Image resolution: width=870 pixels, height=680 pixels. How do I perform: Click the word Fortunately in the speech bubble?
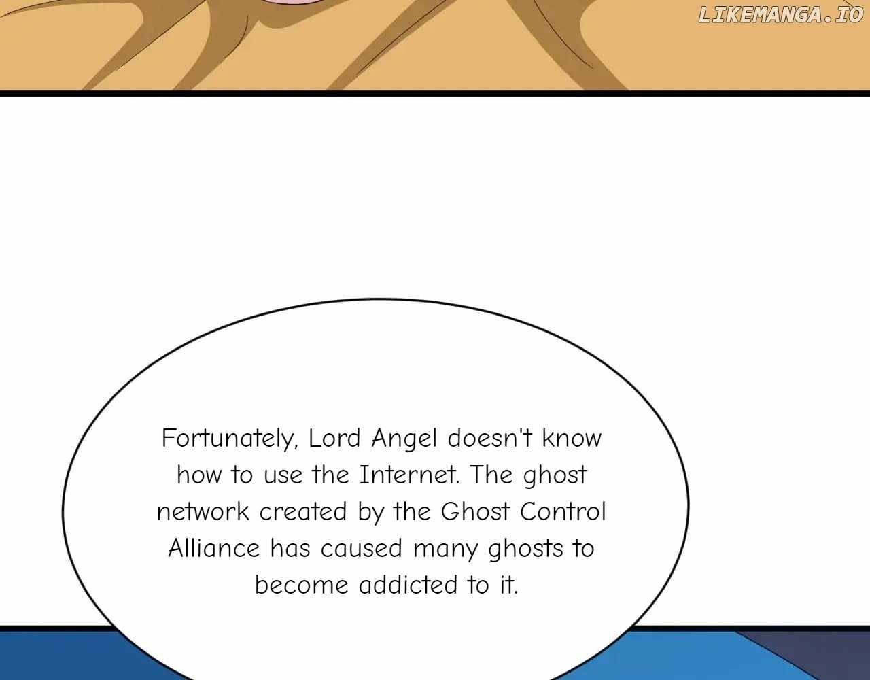pos(230,439)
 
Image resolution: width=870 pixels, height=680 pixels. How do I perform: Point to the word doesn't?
pos(489,438)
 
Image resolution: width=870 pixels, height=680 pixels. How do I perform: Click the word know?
pos(572,438)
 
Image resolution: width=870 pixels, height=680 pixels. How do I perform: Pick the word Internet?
pos(409,475)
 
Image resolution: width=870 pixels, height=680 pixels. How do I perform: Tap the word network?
pos(203,511)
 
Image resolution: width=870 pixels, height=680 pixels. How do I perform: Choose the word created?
pos(303,511)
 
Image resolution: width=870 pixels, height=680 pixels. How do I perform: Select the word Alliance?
pos(214,548)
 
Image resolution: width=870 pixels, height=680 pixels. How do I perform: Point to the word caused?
pos(361,548)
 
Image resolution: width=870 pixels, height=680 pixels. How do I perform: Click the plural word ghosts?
pos(525,549)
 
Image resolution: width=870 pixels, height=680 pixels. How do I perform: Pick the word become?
pos(302,585)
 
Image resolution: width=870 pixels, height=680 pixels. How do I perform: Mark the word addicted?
pos(408,585)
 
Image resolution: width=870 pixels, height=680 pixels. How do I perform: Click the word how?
pos(199,475)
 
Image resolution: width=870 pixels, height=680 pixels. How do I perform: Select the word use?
pos(283,477)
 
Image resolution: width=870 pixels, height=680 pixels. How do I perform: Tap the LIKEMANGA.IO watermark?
pos(780,15)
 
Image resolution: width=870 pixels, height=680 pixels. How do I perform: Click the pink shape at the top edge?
pos(295,3)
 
